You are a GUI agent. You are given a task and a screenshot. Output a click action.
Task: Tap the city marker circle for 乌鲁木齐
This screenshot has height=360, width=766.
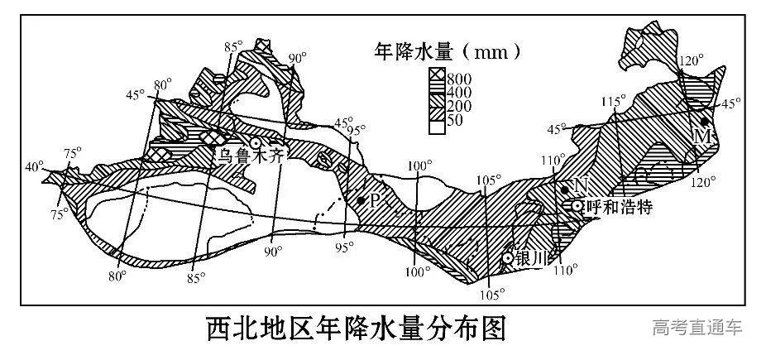(245, 142)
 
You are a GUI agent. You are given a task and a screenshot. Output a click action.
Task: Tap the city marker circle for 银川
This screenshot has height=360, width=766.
(508, 258)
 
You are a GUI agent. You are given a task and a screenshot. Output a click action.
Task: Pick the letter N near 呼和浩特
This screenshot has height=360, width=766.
(580, 185)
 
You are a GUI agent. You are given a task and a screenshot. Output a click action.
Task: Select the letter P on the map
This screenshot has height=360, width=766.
(374, 199)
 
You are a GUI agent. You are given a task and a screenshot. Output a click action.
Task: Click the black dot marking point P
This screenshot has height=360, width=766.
(361, 200)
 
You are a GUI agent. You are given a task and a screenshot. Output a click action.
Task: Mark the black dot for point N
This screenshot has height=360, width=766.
(566, 190)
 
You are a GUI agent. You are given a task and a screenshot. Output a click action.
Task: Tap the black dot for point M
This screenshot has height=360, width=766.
(704, 122)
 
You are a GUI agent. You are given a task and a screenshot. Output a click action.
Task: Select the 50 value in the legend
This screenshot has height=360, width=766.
(457, 120)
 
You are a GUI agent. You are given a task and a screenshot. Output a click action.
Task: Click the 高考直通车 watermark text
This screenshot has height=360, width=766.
(697, 328)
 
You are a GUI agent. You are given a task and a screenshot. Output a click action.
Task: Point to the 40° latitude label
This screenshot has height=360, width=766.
(35, 166)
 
